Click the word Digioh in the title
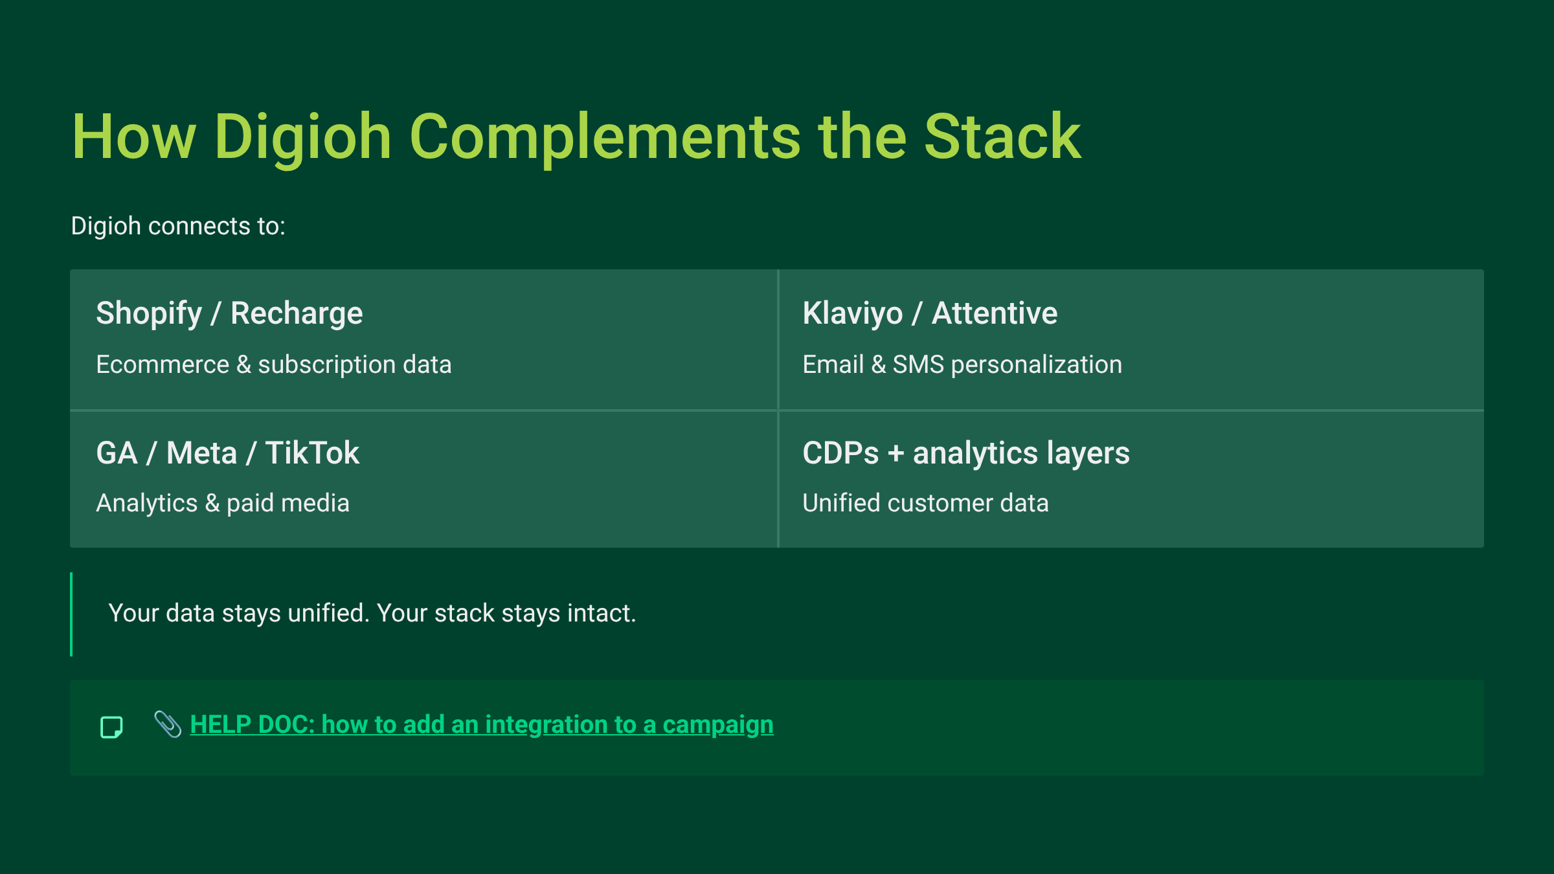[302, 137]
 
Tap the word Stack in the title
[1002, 137]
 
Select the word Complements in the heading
[605, 137]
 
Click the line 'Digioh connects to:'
[178, 227]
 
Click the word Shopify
[149, 314]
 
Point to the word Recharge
[297, 314]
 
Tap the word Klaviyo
[852, 314]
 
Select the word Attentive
[995, 314]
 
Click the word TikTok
[312, 453]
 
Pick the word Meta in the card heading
[201, 453]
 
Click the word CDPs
[840, 453]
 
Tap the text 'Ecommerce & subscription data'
[273, 365]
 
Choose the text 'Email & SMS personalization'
[962, 365]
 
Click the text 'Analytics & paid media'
[223, 504]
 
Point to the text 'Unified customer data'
[925, 504]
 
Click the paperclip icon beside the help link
[168, 724]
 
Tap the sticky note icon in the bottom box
[111, 727]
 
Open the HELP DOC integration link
[482, 725]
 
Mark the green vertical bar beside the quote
[71, 614]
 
